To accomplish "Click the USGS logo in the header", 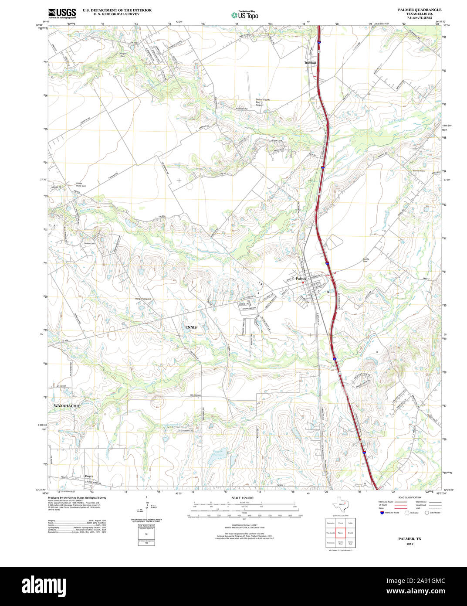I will click(x=62, y=13).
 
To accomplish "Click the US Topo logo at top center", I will click(x=245, y=14).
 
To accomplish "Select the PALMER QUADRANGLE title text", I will click(x=419, y=10).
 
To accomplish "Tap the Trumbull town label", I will click(x=310, y=63).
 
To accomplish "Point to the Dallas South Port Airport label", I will click(x=262, y=102).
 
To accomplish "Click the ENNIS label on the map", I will click(x=191, y=327).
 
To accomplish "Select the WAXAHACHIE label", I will click(x=67, y=405).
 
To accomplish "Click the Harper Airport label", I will click(x=143, y=299).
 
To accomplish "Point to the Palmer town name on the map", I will click(x=301, y=278).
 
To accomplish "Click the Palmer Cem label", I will click(x=419, y=170).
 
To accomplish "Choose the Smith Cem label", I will click(x=89, y=243).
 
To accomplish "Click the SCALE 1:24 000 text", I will click(x=242, y=498).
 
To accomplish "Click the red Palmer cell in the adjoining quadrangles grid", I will click(x=340, y=533).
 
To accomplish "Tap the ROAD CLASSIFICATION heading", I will click(x=406, y=497).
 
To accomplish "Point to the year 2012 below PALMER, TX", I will click(x=409, y=544).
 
